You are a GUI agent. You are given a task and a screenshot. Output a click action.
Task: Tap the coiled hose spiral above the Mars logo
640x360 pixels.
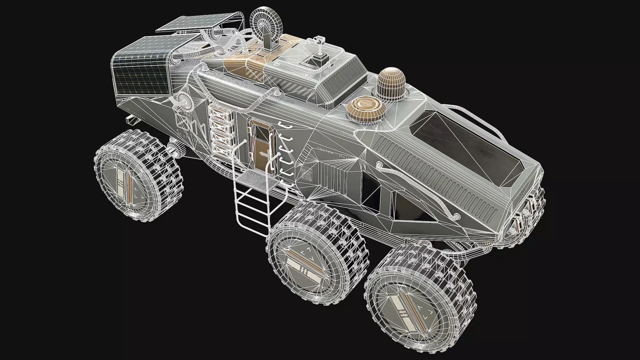183,100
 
